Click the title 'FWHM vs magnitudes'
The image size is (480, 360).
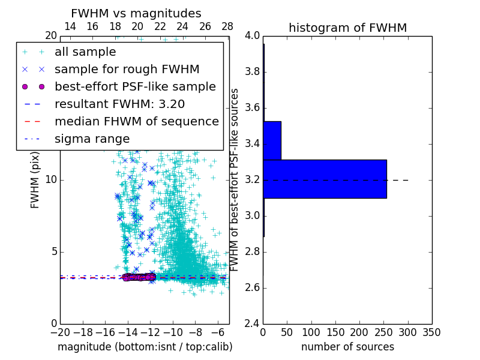[136, 13]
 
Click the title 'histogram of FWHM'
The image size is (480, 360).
[347, 28]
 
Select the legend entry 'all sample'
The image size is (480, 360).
[85, 52]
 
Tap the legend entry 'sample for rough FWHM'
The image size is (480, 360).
[127, 70]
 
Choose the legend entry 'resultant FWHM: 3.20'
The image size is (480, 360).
[119, 104]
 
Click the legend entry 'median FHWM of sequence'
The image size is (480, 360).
[136, 121]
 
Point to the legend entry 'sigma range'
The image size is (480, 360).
[92, 139]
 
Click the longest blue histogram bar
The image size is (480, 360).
[325, 179]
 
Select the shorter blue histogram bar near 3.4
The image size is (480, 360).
[272, 140]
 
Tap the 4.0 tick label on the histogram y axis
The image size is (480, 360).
[253, 36]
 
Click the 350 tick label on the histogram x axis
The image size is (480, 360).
[431, 332]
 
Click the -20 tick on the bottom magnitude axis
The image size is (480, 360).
[60, 332]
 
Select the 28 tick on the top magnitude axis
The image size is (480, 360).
[227, 27]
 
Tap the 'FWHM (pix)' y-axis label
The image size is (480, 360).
[35, 179]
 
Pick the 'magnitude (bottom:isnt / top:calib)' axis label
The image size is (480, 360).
[145, 347]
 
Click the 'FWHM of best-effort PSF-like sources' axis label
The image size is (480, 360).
[235, 179]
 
